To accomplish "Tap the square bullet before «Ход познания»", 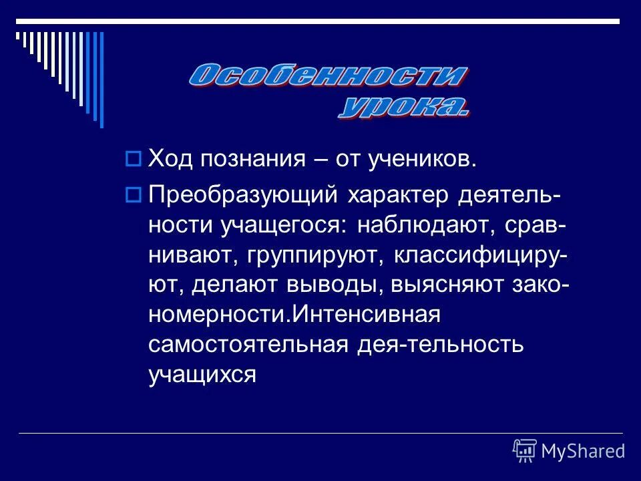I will [132, 159].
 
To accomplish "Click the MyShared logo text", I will [583, 451].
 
